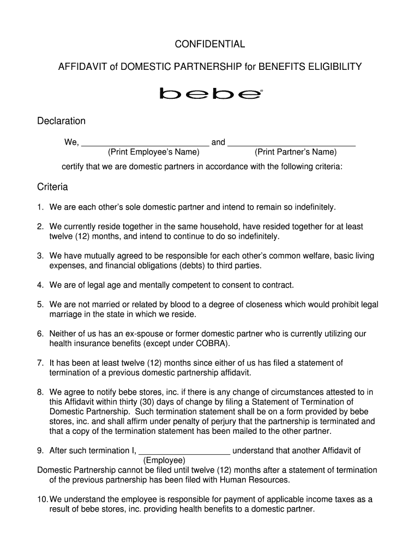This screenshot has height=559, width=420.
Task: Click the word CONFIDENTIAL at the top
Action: pos(210,44)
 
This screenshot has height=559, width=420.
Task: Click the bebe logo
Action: pos(211,94)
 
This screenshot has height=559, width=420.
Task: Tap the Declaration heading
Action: pos(61,121)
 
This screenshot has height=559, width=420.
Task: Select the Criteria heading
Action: pos(52,187)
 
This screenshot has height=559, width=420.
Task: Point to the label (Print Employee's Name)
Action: pos(150,152)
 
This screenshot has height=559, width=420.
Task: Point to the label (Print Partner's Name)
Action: pos(296,152)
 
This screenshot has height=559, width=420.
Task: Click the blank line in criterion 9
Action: pos(184,451)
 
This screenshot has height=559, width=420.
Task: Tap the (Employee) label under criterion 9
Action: pos(164,460)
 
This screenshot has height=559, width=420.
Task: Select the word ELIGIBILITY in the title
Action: pos(330,67)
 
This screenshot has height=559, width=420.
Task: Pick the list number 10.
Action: pos(42,499)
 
